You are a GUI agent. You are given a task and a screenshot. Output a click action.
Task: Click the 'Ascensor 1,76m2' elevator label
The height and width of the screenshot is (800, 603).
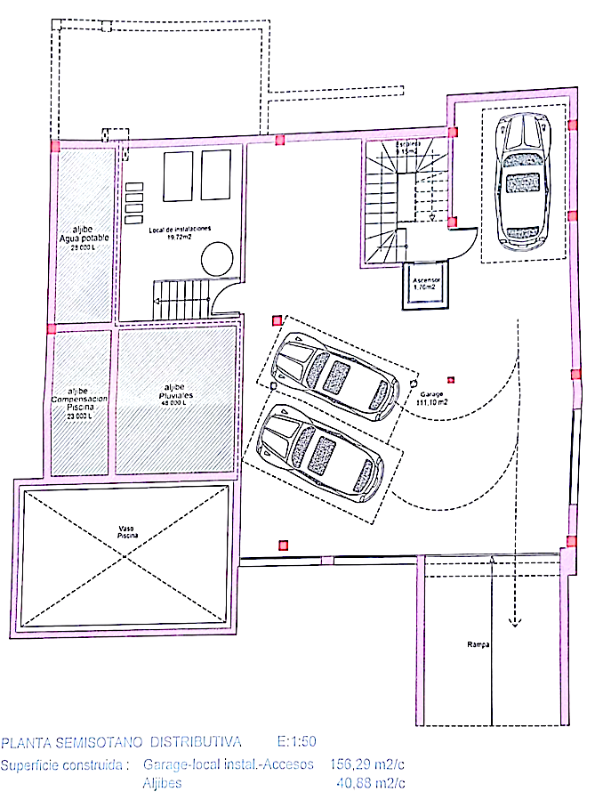[429, 283]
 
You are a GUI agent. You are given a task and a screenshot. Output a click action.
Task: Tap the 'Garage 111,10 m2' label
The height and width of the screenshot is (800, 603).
[433, 398]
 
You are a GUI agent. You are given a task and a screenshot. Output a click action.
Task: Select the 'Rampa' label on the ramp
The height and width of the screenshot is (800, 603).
[478, 645]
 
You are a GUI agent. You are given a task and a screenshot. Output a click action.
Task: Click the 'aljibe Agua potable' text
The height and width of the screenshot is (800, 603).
[84, 238]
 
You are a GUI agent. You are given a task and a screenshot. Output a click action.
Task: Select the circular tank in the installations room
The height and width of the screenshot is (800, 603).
[216, 261]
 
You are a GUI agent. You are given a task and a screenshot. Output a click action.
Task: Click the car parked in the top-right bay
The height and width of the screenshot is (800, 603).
[521, 182]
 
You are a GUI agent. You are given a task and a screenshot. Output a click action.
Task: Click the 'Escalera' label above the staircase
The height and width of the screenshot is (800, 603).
[408, 145]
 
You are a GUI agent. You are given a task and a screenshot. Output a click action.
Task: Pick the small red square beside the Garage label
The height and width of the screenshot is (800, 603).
[451, 380]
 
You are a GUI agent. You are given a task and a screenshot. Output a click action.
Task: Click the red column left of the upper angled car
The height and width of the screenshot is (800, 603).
[277, 319]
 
